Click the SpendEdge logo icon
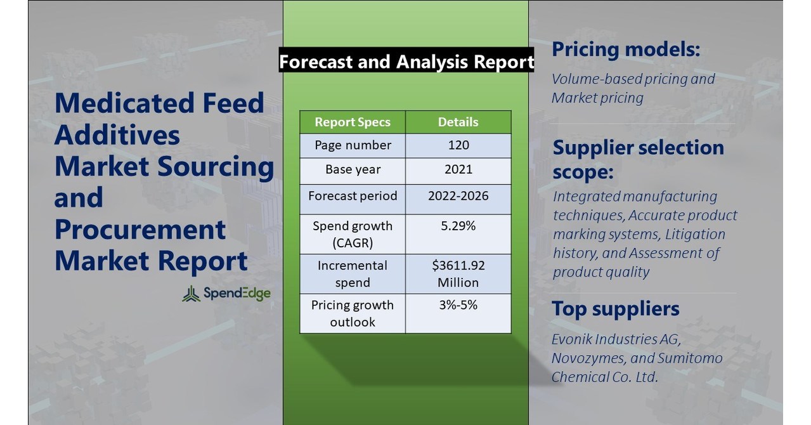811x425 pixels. pyautogui.click(x=191, y=294)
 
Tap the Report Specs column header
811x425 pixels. pyautogui.click(x=353, y=122)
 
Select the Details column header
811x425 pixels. pyautogui.click(x=458, y=122)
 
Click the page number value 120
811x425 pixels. pyautogui.click(x=458, y=145)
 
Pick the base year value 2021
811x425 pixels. pyautogui.click(x=458, y=170)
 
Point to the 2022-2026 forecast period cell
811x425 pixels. pyautogui.click(x=458, y=195)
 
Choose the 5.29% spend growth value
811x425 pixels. pyautogui.click(x=458, y=226)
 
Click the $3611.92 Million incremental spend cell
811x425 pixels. pyautogui.click(x=458, y=273)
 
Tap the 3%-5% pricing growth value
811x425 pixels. pyautogui.click(x=458, y=305)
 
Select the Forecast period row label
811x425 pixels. pyautogui.click(x=353, y=195)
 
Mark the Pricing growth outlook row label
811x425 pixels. pyautogui.click(x=353, y=313)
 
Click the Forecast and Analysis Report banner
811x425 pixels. pyautogui.click(x=406, y=62)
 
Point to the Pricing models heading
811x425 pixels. pyautogui.click(x=625, y=49)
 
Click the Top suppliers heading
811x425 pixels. pyautogui.click(x=615, y=309)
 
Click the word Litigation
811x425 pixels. pyautogui.click(x=695, y=234)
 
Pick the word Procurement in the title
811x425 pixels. pyautogui.click(x=139, y=229)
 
